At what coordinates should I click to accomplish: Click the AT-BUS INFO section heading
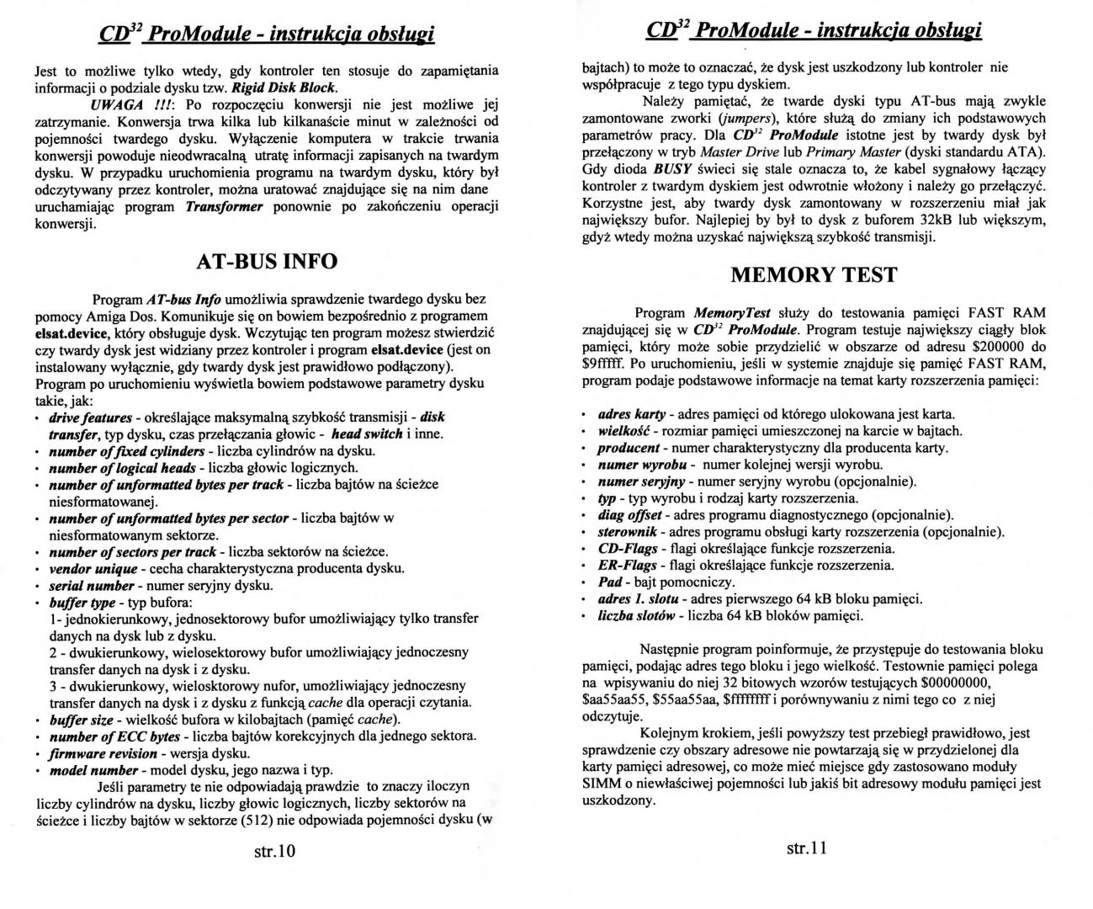click(267, 261)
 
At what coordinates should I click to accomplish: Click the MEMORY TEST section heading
click(814, 274)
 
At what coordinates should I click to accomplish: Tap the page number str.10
click(275, 851)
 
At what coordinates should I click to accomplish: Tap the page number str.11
click(807, 848)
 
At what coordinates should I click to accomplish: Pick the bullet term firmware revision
click(103, 753)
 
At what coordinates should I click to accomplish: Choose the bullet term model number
click(93, 770)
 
